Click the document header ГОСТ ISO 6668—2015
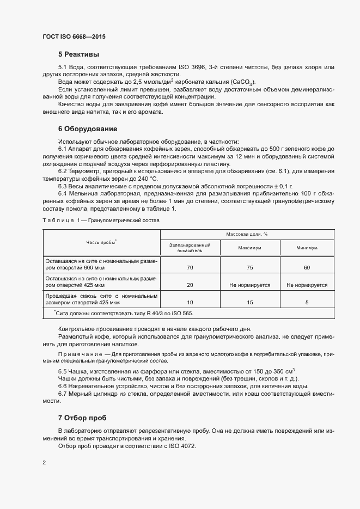pyautogui.click(x=74, y=36)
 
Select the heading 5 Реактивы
pyautogui.click(x=79, y=54)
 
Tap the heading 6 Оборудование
pyautogui.click(x=88, y=129)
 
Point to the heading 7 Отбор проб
pyautogui.click(x=82, y=418)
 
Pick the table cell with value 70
pyautogui.click(x=190, y=267)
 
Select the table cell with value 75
pyautogui.click(x=249, y=267)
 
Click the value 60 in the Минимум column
pyautogui.click(x=307, y=267)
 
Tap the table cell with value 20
pyautogui.click(x=190, y=285)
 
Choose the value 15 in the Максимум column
pyautogui.click(x=249, y=302)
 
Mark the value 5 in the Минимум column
pyautogui.click(x=307, y=302)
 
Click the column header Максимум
pyautogui.click(x=249, y=248)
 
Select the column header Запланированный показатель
pyautogui.click(x=190, y=248)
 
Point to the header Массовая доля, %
pyautogui.click(x=250, y=234)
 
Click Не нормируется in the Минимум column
pyautogui.click(x=307, y=285)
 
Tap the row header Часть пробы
pyautogui.click(x=101, y=242)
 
